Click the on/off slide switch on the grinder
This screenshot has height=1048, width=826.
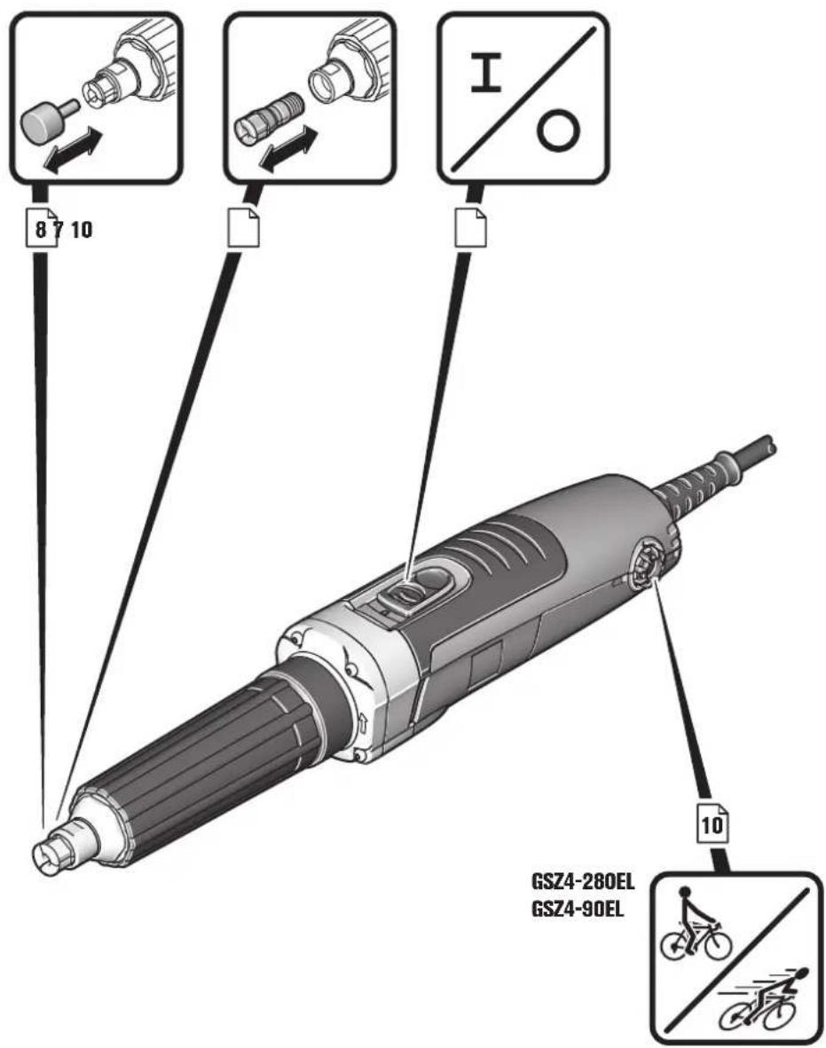pos(411,592)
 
